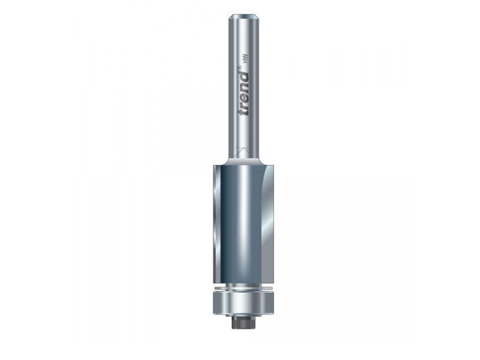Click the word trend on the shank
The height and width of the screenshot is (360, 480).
245,98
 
